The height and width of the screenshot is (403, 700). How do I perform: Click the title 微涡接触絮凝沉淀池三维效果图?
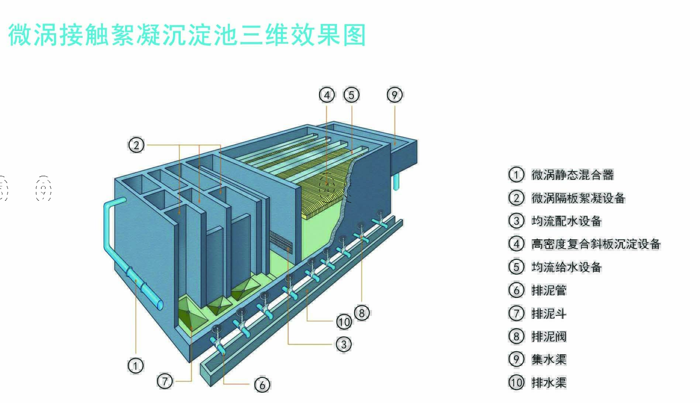187,35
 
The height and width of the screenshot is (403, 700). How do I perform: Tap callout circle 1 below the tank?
135,366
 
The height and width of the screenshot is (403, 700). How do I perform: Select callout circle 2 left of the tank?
136,145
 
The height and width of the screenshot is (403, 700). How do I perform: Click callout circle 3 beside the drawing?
344,344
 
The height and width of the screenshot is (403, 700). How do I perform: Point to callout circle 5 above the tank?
351,95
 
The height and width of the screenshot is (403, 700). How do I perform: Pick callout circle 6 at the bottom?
262,385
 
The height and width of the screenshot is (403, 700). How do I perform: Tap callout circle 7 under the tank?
165,381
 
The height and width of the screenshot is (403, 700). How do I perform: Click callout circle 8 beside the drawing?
362,313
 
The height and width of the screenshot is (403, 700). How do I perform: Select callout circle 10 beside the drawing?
344,322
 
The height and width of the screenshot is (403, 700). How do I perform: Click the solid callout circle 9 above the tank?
394,95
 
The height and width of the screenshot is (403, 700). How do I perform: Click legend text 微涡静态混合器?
572,175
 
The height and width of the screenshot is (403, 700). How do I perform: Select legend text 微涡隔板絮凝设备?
578,198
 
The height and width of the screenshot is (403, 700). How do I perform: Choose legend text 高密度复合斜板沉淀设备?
596,244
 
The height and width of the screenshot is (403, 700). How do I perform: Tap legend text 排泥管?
549,290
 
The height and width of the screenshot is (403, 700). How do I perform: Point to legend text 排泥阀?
549,336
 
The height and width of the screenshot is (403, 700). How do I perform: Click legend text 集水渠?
549,359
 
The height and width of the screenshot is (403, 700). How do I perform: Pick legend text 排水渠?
549,383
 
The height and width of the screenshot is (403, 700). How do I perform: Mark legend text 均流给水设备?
566,267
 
